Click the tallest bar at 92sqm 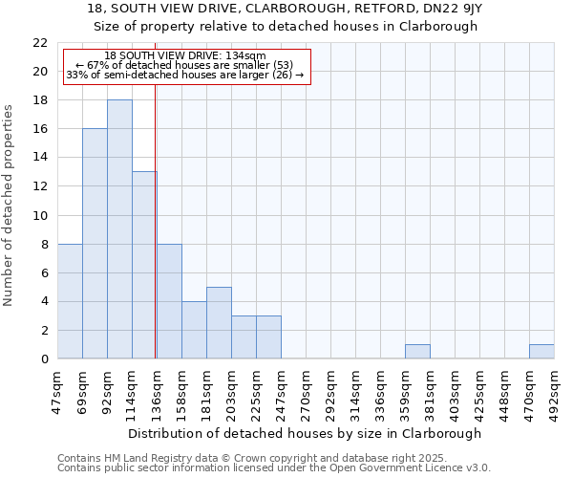119,229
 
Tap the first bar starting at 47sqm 70,301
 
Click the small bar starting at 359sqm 417,352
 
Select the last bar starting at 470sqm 541,352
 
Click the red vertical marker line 155,239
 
